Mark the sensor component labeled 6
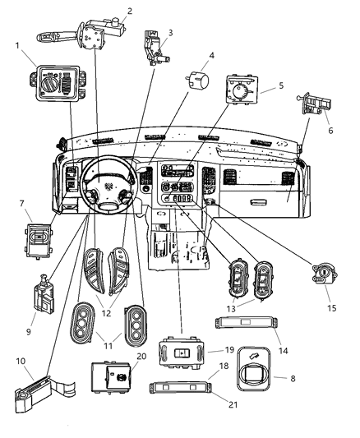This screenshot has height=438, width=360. coord(316,104)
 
